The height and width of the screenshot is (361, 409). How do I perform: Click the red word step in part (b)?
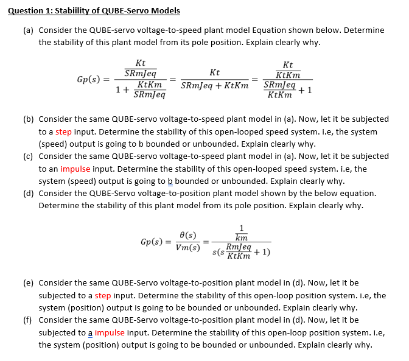(64, 132)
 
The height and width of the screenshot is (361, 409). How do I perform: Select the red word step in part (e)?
(103, 295)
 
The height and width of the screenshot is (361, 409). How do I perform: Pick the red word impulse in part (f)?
(110, 332)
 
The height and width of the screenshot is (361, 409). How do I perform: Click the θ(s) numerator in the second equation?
(188, 235)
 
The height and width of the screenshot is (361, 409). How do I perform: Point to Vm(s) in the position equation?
(188, 247)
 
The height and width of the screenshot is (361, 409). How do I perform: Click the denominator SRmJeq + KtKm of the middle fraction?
(214, 85)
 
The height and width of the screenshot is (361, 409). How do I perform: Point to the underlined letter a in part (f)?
(90, 332)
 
